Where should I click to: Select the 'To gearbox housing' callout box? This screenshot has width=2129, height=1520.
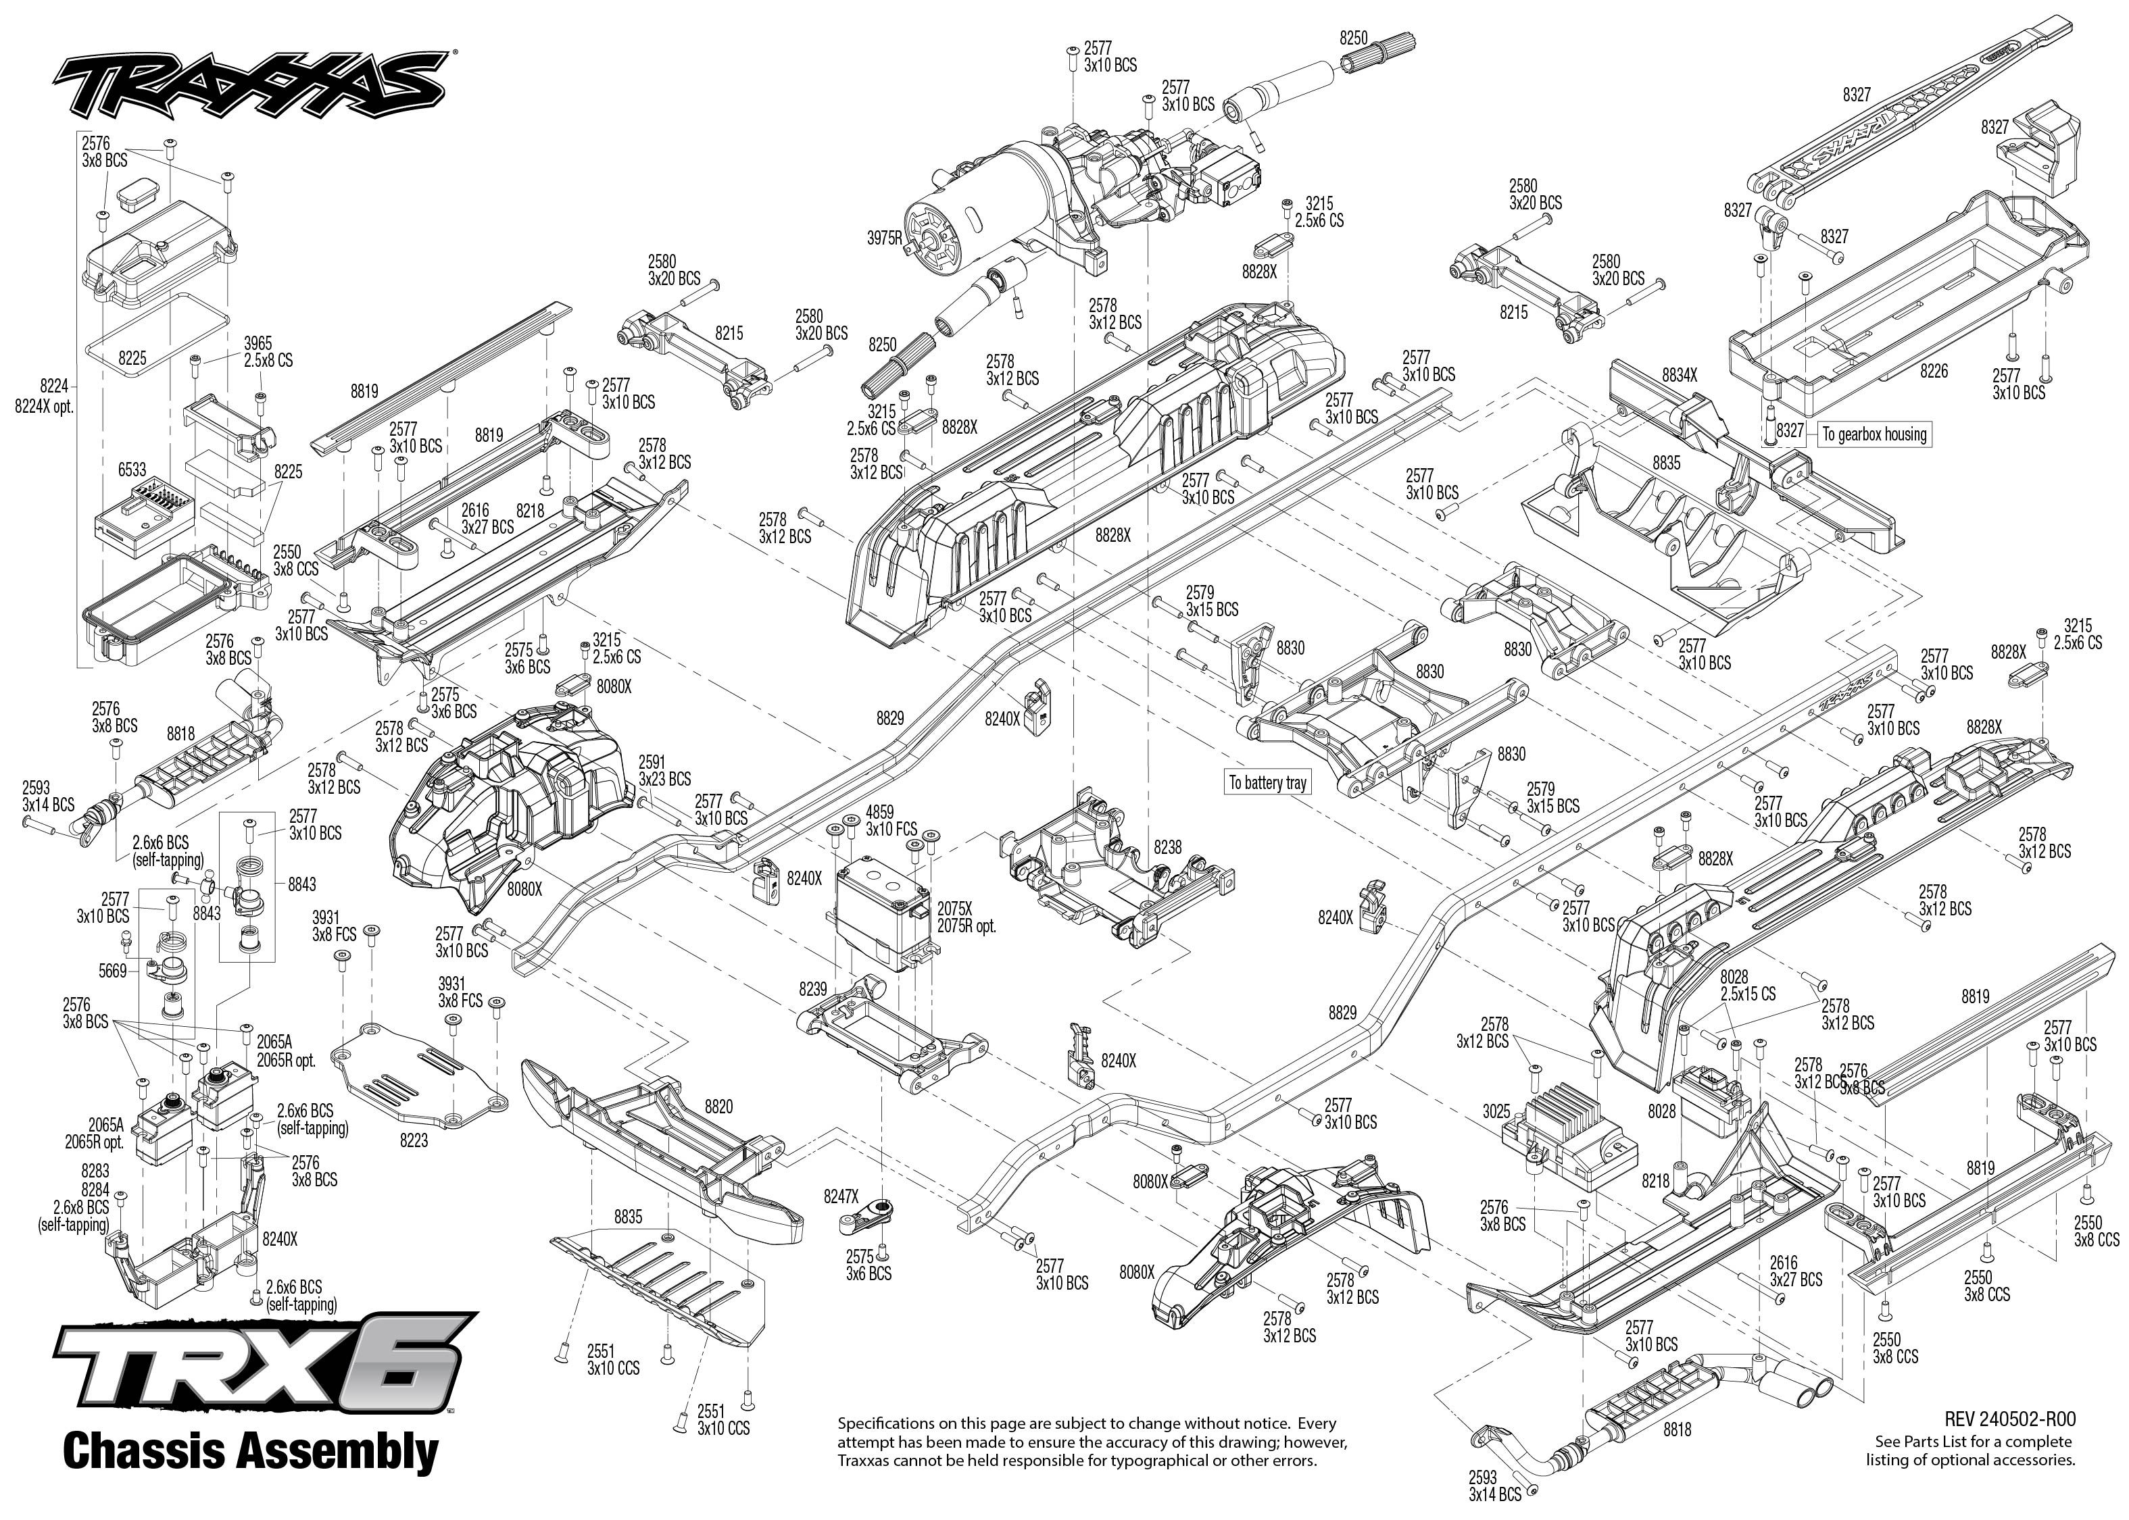pyautogui.click(x=1874, y=434)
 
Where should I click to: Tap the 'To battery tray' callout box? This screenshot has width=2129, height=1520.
pyautogui.click(x=1268, y=782)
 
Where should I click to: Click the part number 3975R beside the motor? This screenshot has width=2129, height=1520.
pyautogui.click(x=885, y=238)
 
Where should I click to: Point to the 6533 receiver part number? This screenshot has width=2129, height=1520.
pyautogui.click(x=132, y=469)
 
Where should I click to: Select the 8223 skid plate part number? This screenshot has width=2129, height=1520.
pyautogui.click(x=413, y=1140)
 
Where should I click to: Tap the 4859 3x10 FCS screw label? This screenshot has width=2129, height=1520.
pyautogui.click(x=890, y=821)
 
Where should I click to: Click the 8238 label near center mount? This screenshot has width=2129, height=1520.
pyautogui.click(x=1167, y=847)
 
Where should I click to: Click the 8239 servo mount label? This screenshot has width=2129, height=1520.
pyautogui.click(x=812, y=988)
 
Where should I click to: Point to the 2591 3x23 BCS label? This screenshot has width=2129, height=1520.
pyautogui.click(x=665, y=770)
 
